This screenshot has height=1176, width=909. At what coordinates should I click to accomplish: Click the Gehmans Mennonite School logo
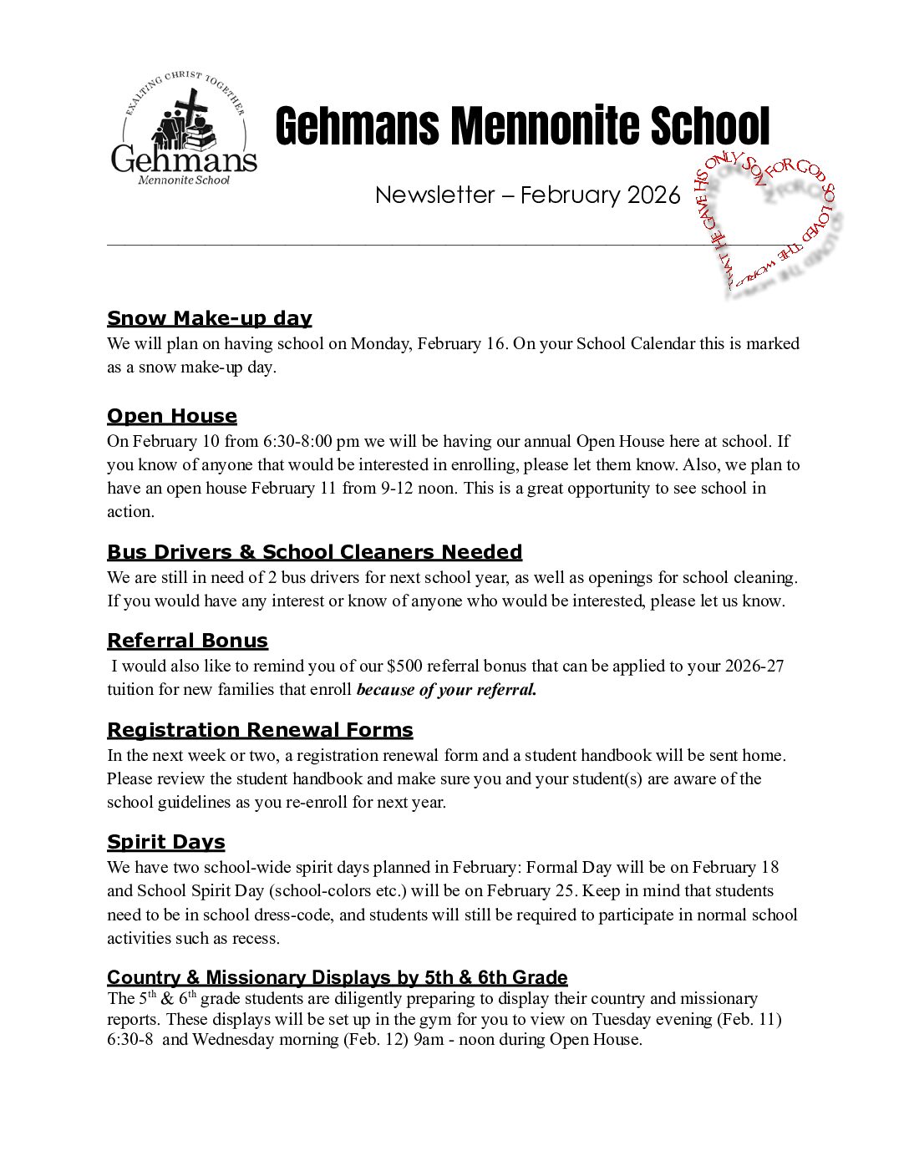coord(184,130)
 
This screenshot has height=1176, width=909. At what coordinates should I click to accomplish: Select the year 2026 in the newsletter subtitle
coord(653,195)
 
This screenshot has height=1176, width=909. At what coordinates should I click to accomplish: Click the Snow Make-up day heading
coord(209,318)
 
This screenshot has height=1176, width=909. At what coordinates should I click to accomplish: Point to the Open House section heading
coord(172,416)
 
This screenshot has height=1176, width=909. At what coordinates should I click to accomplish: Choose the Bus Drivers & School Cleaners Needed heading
coord(314,552)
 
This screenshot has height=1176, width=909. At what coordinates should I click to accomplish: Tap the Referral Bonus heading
coord(187,641)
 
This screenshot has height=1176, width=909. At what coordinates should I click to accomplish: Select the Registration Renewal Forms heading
coord(260,730)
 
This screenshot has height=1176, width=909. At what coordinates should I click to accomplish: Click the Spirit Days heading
coord(166,842)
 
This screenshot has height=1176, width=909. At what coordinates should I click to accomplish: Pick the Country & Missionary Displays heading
coord(337,977)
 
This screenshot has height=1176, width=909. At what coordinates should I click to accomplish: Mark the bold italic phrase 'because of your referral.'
coord(446,690)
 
